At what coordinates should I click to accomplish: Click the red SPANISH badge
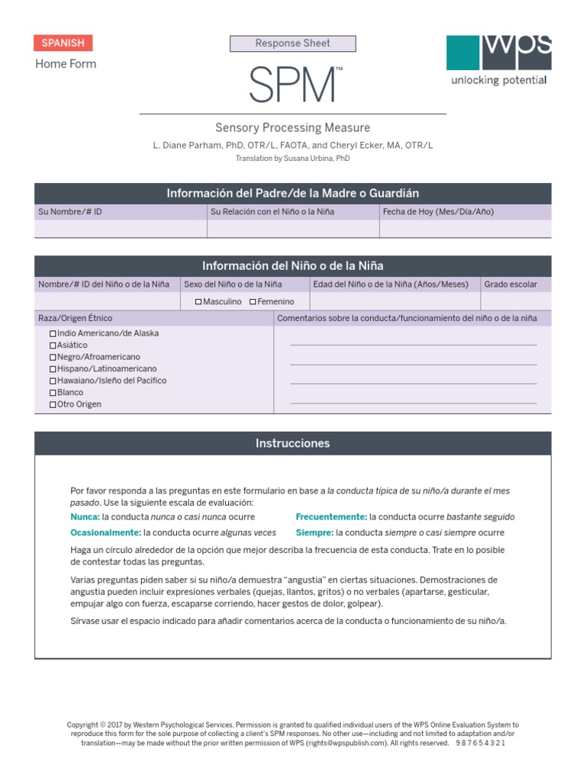click(x=63, y=43)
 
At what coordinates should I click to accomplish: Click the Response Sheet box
click(x=293, y=43)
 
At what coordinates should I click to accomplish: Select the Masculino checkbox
click(x=198, y=302)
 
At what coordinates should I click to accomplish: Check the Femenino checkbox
click(x=253, y=302)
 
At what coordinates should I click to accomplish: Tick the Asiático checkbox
click(x=53, y=346)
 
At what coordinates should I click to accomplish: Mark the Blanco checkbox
click(x=53, y=393)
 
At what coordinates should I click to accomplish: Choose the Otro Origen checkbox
click(x=53, y=404)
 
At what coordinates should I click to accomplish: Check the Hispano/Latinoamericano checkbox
click(x=53, y=369)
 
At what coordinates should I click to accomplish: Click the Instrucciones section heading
click(x=293, y=443)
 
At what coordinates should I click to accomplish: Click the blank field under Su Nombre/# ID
click(x=121, y=229)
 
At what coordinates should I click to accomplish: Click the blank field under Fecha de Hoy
click(x=465, y=229)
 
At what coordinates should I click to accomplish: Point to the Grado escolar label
click(x=510, y=284)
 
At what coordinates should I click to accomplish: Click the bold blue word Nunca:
click(x=85, y=517)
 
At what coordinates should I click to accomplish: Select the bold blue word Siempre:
click(x=314, y=532)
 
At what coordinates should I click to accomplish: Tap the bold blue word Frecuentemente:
click(x=331, y=517)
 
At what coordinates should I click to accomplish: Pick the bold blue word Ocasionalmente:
click(x=105, y=532)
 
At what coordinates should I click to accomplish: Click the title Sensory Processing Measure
click(x=293, y=128)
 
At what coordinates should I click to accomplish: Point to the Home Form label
click(x=66, y=64)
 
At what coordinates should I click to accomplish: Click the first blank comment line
click(x=413, y=344)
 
